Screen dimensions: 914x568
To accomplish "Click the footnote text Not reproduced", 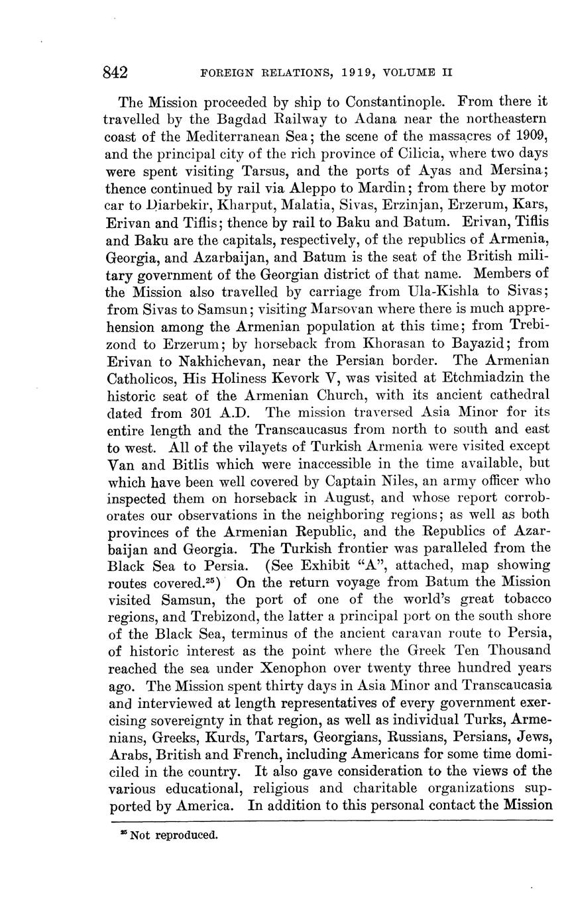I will [x=174, y=835].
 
